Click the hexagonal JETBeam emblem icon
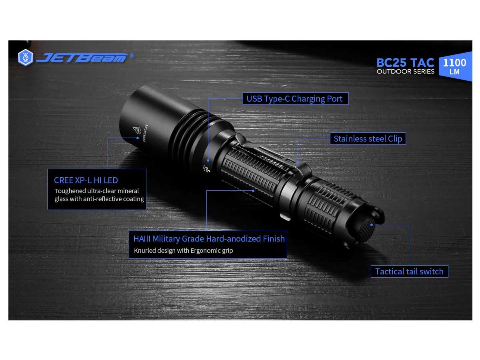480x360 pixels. pos(26,58)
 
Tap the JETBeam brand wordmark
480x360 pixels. pos(82,58)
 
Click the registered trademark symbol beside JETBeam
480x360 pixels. pos(132,56)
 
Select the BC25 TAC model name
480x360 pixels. pos(405,63)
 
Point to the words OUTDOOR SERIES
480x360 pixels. pos(405,72)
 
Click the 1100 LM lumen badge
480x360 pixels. pos(455,66)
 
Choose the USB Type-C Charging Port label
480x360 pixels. pos(296,98)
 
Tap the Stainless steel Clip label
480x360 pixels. pos(368,138)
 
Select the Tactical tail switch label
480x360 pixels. pos(409,271)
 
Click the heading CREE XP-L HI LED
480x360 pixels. pos(86,180)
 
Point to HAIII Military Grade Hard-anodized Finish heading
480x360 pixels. pos(209,239)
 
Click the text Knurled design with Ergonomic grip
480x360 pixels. pos(183,250)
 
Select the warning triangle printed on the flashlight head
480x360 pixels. pos(136,130)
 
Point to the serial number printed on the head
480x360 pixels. pos(145,133)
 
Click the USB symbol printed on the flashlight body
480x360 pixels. pos(206,169)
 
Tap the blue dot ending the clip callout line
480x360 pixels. pos(298,163)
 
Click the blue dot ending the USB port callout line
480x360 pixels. pos(208,160)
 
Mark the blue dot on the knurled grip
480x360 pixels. pos(253,191)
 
